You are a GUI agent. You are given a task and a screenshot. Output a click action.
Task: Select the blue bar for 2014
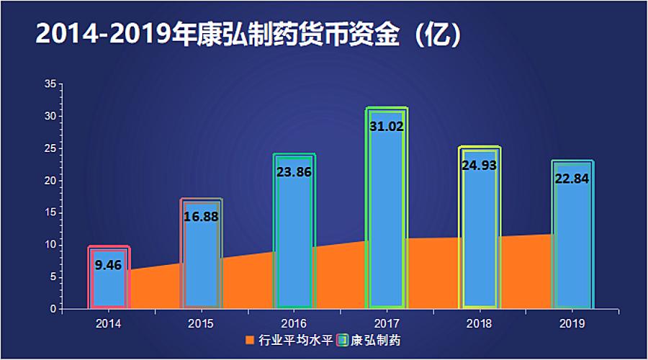click(109, 284)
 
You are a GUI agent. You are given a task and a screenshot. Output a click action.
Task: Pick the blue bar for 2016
click(294, 238)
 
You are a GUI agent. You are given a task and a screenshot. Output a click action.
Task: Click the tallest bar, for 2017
click(387, 216)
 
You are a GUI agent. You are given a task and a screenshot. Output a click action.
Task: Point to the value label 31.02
click(387, 127)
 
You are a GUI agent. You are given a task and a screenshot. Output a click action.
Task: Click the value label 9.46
click(109, 265)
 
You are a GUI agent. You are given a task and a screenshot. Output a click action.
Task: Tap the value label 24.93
click(480, 166)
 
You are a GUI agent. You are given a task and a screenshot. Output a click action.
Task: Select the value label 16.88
click(201, 217)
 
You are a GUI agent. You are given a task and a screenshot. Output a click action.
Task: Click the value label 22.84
click(572, 179)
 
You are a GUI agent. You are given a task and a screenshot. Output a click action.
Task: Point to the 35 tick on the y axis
click(50, 84)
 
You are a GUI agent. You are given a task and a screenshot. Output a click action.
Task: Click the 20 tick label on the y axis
click(50, 181)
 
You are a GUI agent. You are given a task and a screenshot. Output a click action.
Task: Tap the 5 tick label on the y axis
click(53, 277)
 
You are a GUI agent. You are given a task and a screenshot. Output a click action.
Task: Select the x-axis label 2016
click(294, 323)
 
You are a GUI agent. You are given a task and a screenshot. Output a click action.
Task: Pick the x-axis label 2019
click(572, 323)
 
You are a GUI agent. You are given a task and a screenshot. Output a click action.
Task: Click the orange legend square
click(250, 339)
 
